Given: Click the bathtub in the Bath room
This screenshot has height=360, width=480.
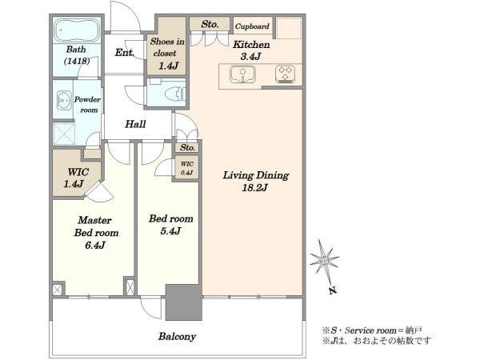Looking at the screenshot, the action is pyautogui.click(x=77, y=30).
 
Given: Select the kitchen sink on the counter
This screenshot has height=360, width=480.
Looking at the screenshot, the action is pyautogui.click(x=242, y=74).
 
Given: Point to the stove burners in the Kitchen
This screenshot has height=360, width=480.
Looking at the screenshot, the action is pyautogui.click(x=285, y=74).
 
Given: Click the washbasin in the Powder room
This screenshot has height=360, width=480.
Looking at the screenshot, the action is pyautogui.click(x=64, y=100).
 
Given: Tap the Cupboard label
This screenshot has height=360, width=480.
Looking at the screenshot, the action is pyautogui.click(x=252, y=26).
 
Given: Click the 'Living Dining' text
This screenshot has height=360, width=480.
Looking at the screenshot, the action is pyautogui.click(x=256, y=175).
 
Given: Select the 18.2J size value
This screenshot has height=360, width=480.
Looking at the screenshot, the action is pyautogui.click(x=254, y=187).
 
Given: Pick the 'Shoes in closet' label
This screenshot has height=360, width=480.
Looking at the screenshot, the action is pyautogui.click(x=167, y=47).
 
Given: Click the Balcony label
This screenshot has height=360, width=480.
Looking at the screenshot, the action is pyautogui.click(x=177, y=337).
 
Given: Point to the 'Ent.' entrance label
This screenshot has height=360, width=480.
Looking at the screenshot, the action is pyautogui.click(x=125, y=53).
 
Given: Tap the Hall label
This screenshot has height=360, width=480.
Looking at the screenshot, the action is pyautogui.click(x=135, y=124).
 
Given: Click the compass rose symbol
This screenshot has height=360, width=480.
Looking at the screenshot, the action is pyautogui.click(x=324, y=261).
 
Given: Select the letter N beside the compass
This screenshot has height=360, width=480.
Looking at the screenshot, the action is pyautogui.click(x=333, y=290).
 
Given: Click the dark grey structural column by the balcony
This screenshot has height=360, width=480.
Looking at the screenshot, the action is pyautogui.click(x=184, y=302).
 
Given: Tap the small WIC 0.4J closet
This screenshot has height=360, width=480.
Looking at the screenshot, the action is pyautogui.click(x=186, y=168).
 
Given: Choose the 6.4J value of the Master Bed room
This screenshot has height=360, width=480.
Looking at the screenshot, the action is pyautogui.click(x=95, y=245).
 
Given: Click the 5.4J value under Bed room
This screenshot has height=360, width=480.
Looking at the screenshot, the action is pyautogui.click(x=170, y=230).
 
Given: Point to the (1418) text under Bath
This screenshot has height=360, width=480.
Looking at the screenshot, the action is pyautogui.click(x=77, y=61).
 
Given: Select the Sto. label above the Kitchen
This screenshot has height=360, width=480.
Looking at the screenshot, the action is pyautogui.click(x=210, y=24).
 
